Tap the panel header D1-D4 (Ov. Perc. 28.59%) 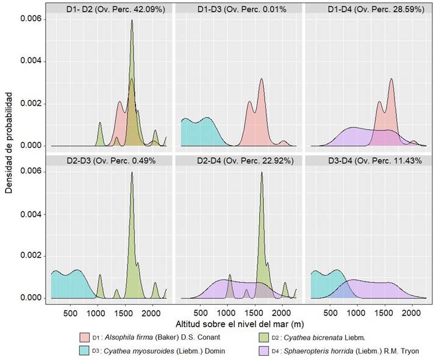366,10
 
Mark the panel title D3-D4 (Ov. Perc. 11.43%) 366,161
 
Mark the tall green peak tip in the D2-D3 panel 132,173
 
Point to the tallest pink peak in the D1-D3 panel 262,79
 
